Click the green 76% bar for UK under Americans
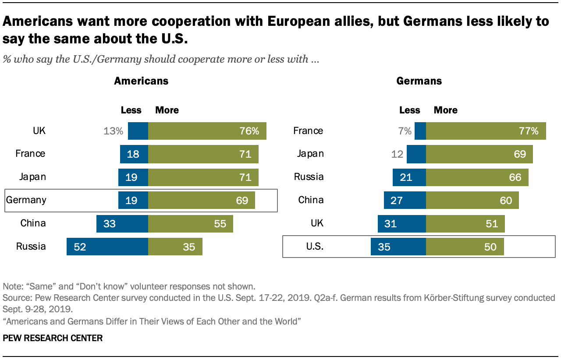207,131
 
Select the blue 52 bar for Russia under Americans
107,247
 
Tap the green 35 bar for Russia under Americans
175,247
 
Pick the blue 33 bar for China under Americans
122,223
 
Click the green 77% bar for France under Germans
486,131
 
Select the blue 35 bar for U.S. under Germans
398,247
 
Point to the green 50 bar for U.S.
465,247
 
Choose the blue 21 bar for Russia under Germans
409,177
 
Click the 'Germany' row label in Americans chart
26,200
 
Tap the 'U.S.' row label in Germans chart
314,247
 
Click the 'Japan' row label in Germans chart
311,154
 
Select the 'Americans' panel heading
141,81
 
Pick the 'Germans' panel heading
419,81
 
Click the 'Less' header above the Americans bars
131,110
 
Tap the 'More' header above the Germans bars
445,110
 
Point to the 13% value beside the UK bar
114,131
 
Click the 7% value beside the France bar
405,131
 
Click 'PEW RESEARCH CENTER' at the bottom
53,338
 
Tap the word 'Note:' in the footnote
13,287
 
